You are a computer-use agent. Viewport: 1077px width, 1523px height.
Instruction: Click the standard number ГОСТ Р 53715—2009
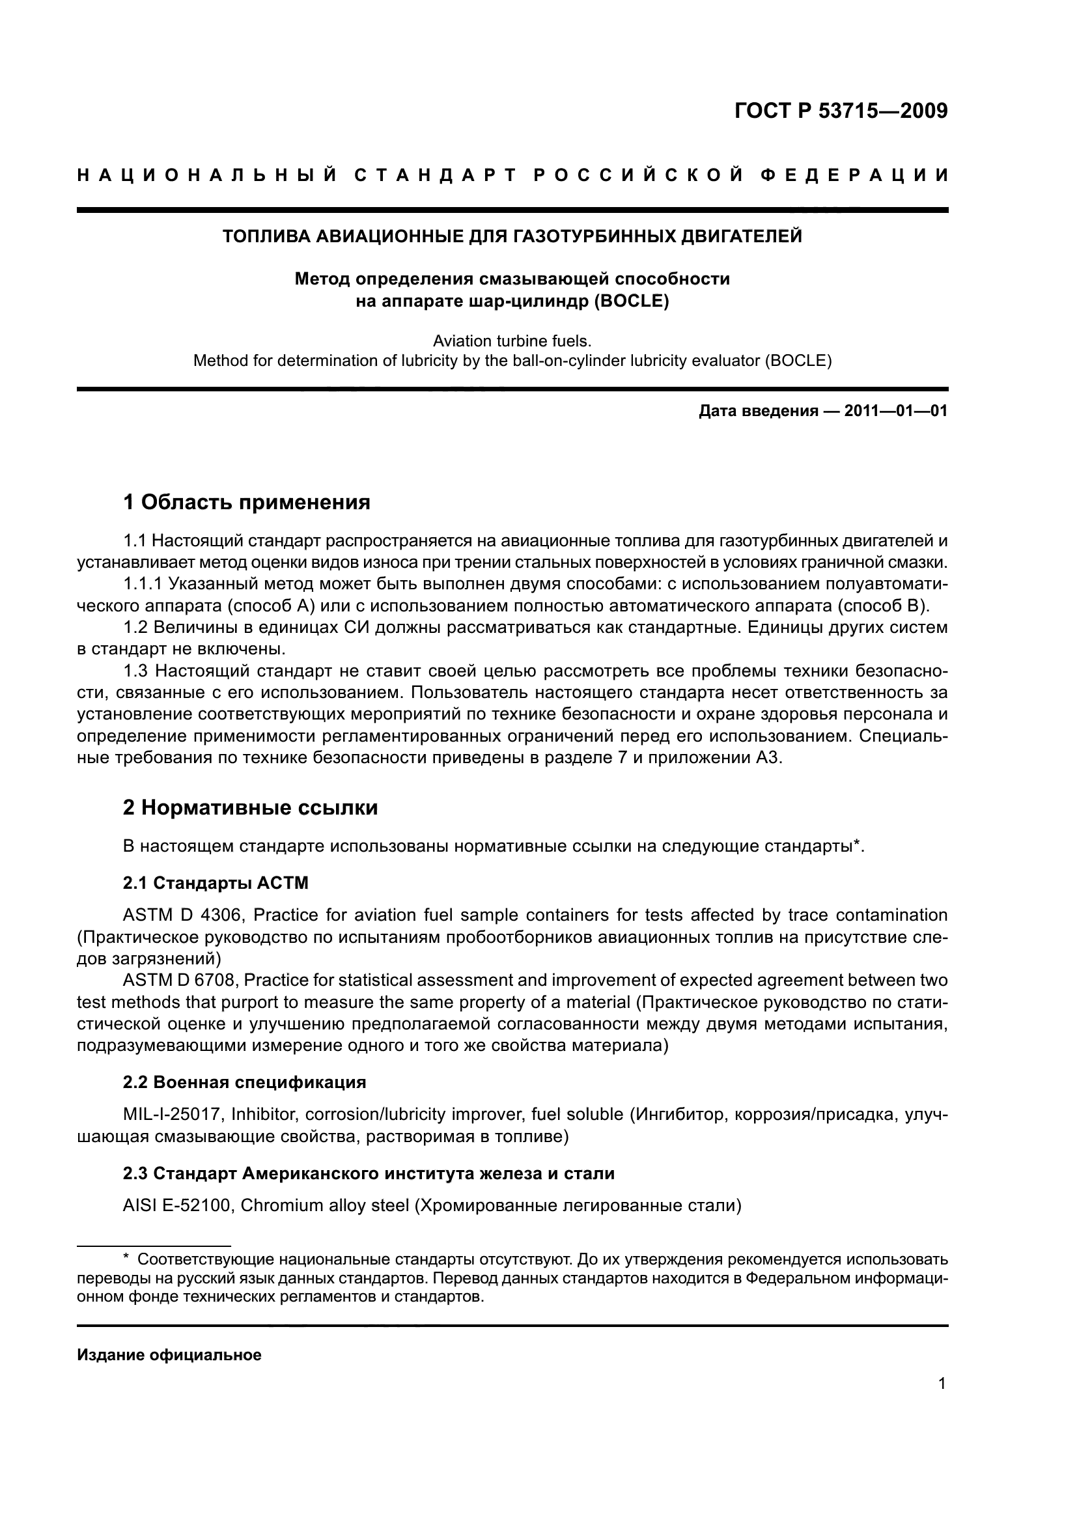(x=841, y=111)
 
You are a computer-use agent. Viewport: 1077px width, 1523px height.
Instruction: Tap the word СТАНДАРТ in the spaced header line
(x=435, y=175)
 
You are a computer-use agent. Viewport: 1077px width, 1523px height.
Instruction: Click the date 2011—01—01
(x=895, y=412)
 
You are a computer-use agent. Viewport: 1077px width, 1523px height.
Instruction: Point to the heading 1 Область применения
(x=247, y=502)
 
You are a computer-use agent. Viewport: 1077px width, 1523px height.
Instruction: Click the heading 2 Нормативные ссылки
(x=251, y=807)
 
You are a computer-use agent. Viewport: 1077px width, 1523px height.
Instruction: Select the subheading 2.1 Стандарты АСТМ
(x=216, y=883)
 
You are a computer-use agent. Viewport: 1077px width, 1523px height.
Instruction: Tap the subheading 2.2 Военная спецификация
(x=244, y=1083)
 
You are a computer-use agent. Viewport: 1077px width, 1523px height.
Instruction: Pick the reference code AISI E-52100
(x=176, y=1205)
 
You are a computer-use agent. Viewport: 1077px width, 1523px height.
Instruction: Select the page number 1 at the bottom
(x=942, y=1383)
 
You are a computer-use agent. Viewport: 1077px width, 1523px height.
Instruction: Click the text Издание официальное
(x=169, y=1355)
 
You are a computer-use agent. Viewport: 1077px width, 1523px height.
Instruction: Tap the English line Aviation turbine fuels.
(x=511, y=341)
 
